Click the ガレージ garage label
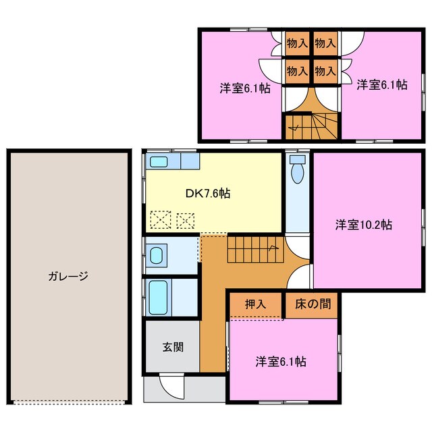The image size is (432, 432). pyautogui.click(x=68, y=276)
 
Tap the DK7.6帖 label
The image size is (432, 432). pyautogui.click(x=208, y=193)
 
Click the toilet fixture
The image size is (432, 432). pyautogui.click(x=297, y=169)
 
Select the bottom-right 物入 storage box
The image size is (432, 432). pyautogui.click(x=325, y=70)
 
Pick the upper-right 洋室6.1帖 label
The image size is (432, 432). pyautogui.click(x=382, y=84)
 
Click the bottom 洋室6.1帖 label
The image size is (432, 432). pyautogui.click(x=281, y=362)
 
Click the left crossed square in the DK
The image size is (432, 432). pyautogui.click(x=160, y=219)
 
